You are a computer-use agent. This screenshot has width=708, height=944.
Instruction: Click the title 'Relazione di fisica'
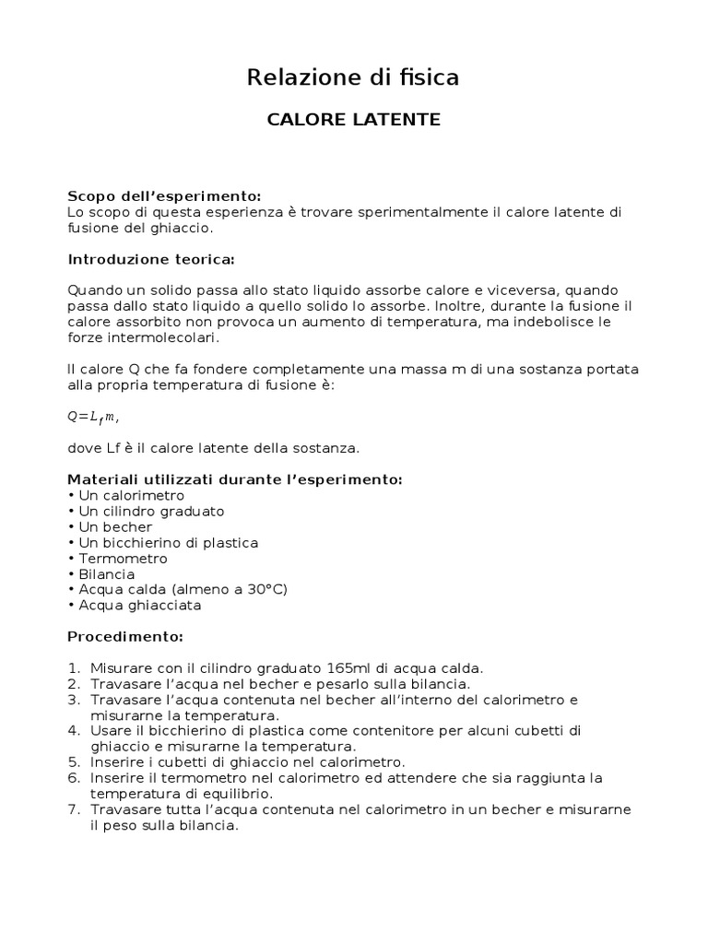pyautogui.click(x=353, y=78)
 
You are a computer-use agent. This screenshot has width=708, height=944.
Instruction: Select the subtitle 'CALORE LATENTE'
pyautogui.click(x=353, y=120)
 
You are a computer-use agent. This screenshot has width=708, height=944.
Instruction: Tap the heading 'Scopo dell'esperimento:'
pyautogui.click(x=164, y=196)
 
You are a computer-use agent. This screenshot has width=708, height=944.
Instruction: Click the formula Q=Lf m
pyautogui.click(x=93, y=417)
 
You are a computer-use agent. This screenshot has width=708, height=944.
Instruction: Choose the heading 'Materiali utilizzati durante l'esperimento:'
pyautogui.click(x=235, y=479)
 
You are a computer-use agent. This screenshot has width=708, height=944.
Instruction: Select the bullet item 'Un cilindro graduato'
pyautogui.click(x=151, y=511)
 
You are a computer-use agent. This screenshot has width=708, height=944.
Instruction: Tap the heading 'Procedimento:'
pyautogui.click(x=125, y=637)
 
